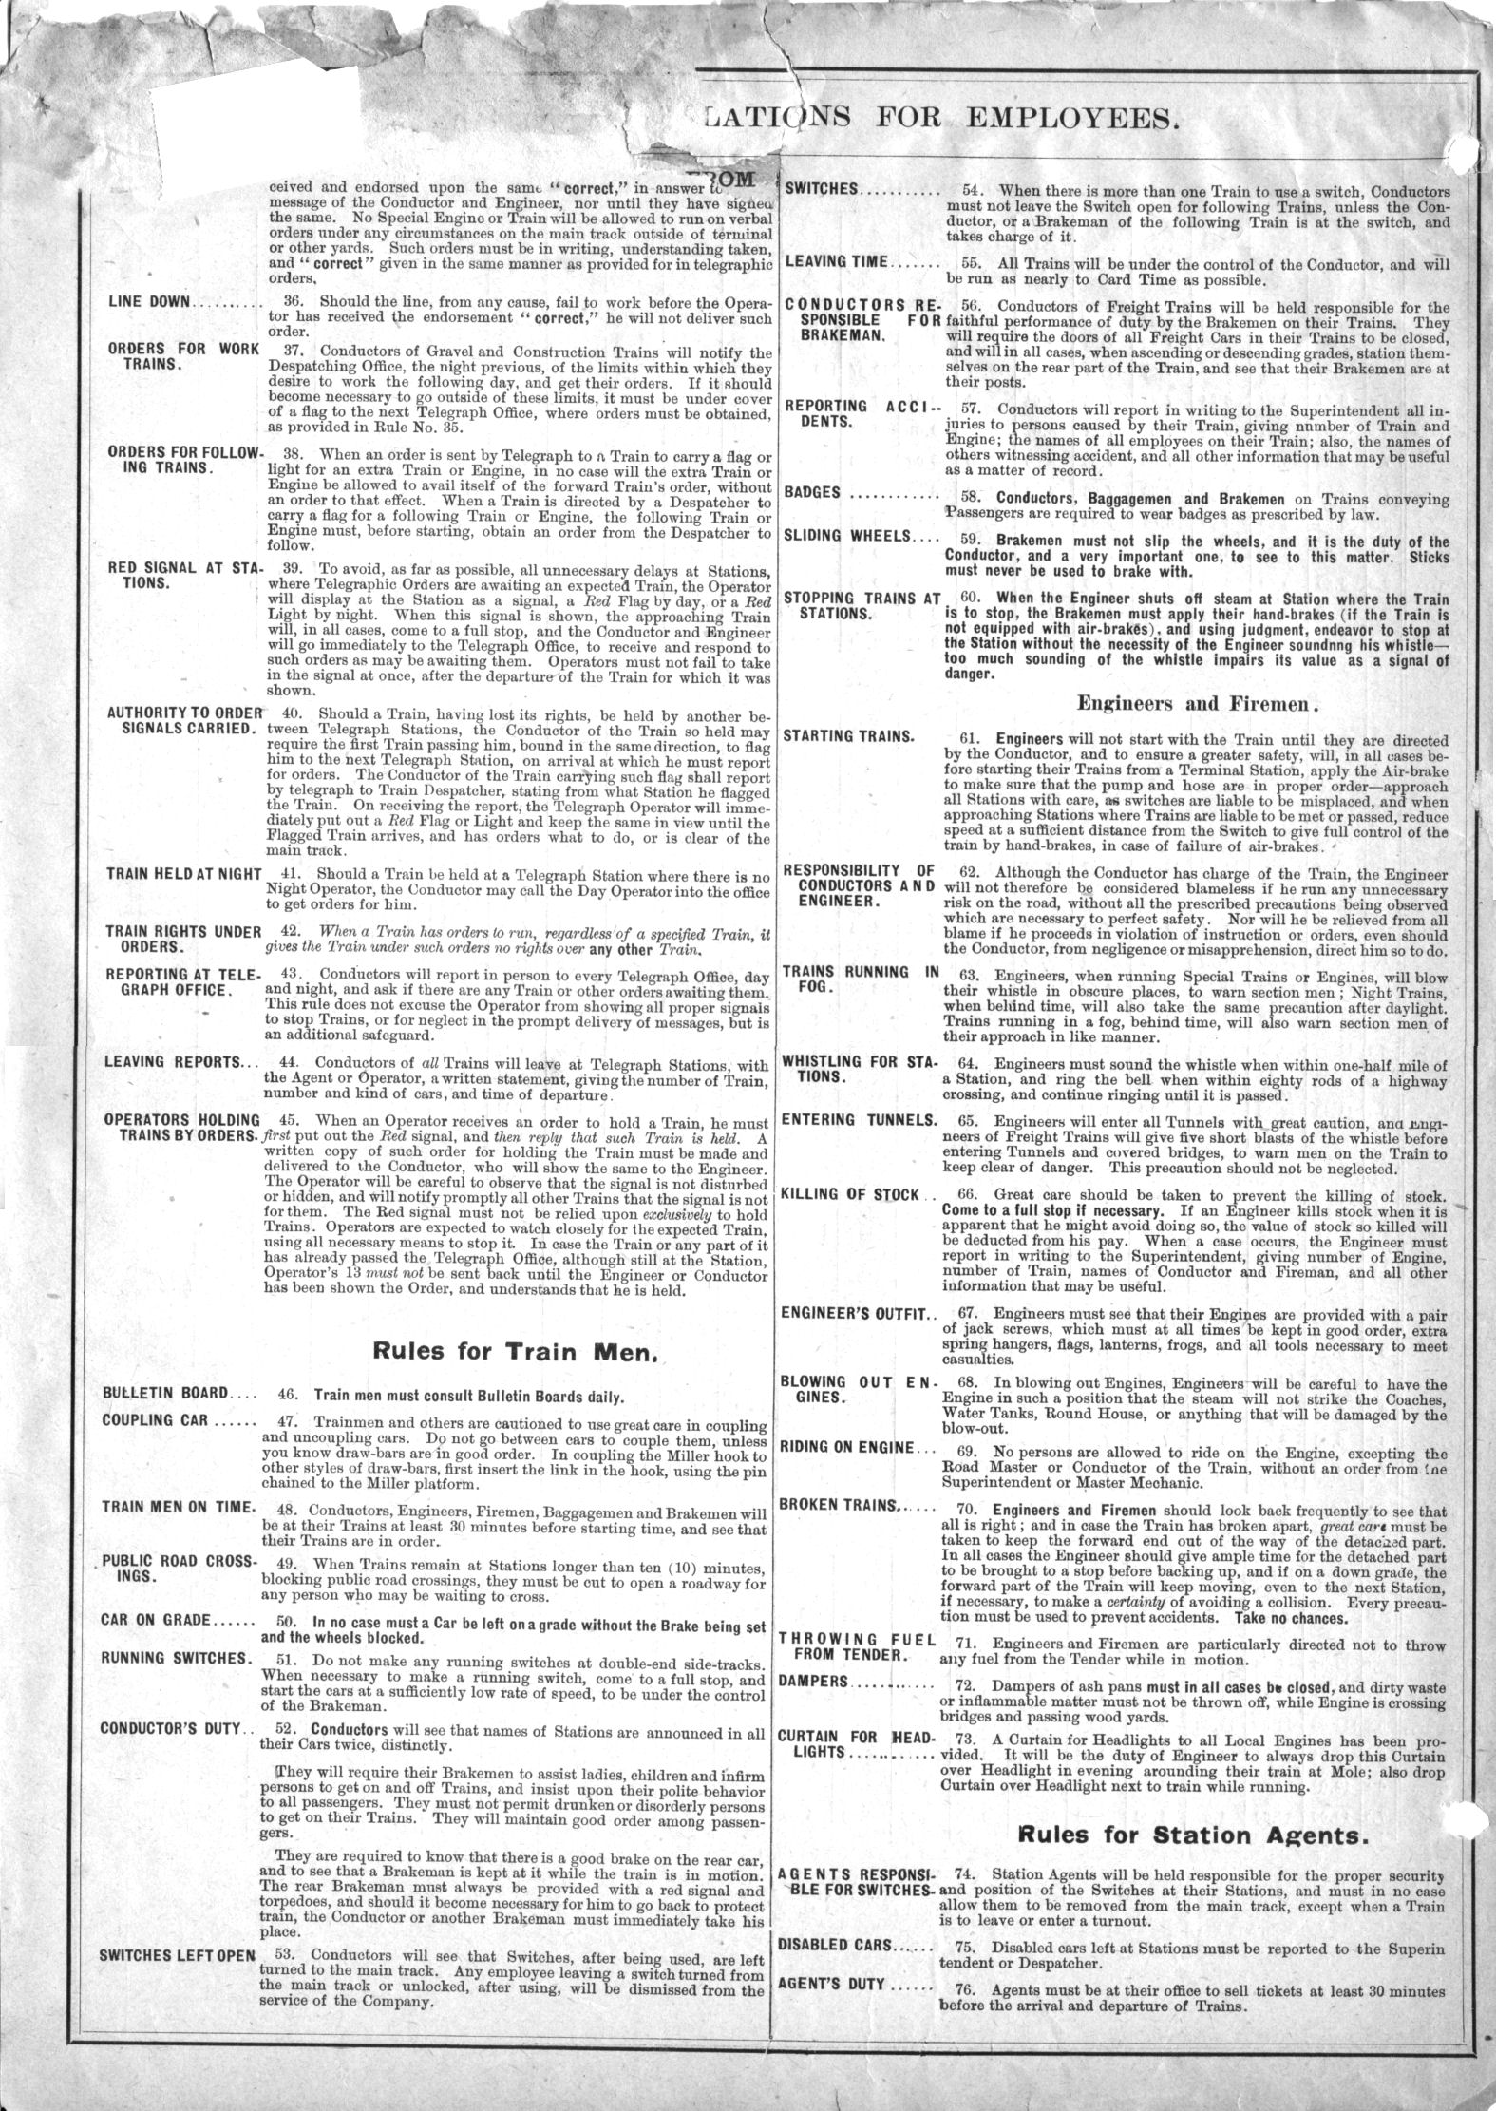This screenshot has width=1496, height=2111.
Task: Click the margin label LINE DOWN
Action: coord(150,302)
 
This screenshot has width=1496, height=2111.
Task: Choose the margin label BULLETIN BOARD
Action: coord(165,1394)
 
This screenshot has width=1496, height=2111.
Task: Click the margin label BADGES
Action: coord(814,492)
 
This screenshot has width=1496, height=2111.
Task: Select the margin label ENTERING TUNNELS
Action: coord(858,1119)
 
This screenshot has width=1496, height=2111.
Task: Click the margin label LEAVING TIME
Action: coord(837,260)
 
